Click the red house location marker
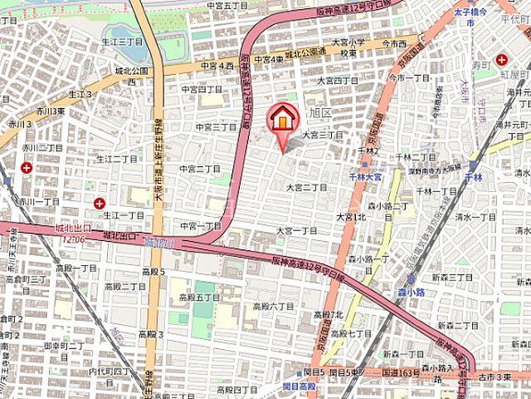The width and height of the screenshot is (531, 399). (x=282, y=119)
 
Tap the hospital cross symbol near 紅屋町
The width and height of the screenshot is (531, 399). (x=501, y=59)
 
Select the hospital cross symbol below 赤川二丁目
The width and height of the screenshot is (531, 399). (x=27, y=167)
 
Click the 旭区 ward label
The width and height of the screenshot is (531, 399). (x=319, y=111)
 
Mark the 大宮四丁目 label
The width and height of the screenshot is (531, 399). (x=339, y=81)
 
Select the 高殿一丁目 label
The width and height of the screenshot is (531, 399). (x=76, y=268)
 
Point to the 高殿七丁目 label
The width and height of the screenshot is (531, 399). (x=351, y=332)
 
